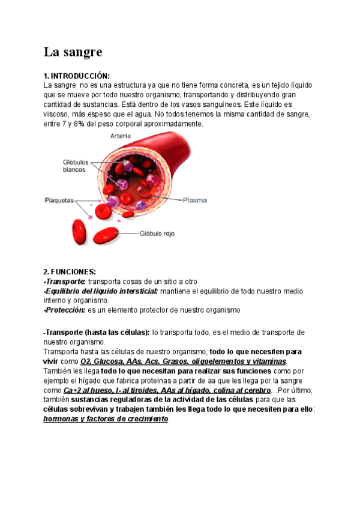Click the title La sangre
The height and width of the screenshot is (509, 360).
coord(73,52)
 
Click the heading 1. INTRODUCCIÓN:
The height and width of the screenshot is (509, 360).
coord(77,76)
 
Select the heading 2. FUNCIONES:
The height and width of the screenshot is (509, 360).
coord(70,272)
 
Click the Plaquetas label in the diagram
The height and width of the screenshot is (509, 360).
coord(59,200)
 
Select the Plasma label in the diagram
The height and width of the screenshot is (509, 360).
coord(196,200)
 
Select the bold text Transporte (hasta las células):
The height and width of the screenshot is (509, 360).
coord(98,332)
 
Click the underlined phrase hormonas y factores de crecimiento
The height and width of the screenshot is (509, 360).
coord(106,419)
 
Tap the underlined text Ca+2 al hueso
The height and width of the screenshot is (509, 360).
coord(86,390)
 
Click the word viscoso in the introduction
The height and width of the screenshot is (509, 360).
coord(57,114)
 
